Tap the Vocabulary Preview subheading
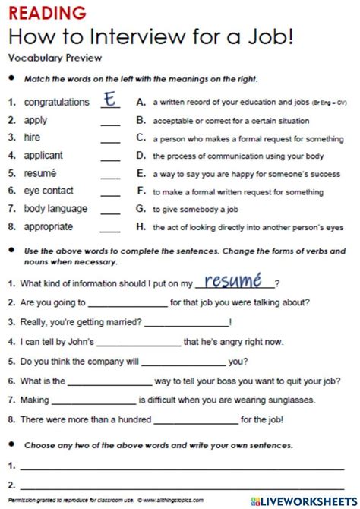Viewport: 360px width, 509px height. pyautogui.click(x=54, y=57)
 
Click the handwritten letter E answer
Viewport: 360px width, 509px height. pyautogui.click(x=112, y=100)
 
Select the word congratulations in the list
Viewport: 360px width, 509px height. pyautogui.click(x=56, y=102)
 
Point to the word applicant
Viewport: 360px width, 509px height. pyautogui.click(x=45, y=155)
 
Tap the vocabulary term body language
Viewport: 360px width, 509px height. pyautogui.click(x=55, y=208)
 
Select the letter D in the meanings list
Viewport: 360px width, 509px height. pyautogui.click(x=141, y=155)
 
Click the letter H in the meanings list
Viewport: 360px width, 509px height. pyautogui.click(x=141, y=226)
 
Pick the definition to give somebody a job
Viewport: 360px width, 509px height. pyautogui.click(x=187, y=209)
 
